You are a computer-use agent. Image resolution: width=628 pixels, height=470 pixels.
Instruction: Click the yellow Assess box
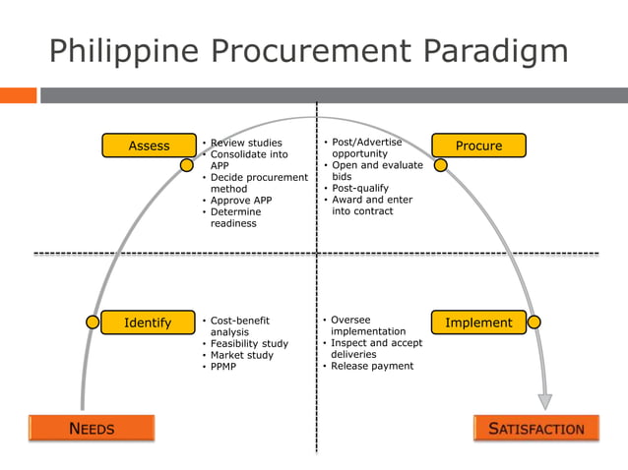click(149, 146)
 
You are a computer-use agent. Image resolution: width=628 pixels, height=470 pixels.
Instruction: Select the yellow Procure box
click(478, 146)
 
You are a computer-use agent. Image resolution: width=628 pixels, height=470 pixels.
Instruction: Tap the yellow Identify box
click(147, 323)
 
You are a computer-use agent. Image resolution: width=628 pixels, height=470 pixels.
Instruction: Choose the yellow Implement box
click(478, 323)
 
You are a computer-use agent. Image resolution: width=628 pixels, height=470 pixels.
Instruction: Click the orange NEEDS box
click(92, 428)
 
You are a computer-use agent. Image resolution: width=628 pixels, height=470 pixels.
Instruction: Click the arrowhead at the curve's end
click(544, 401)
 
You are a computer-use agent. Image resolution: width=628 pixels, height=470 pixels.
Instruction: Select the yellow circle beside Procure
click(441, 165)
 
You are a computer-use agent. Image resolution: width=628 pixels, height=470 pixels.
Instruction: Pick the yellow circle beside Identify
click(93, 322)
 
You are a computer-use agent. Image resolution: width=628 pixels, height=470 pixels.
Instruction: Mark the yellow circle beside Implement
click(534, 322)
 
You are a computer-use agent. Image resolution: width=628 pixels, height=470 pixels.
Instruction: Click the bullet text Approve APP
click(241, 201)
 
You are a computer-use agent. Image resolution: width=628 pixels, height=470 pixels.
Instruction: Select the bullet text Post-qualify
click(359, 188)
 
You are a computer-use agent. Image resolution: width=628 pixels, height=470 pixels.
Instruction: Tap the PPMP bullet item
click(224, 367)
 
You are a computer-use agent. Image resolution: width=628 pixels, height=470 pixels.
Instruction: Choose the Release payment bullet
click(372, 366)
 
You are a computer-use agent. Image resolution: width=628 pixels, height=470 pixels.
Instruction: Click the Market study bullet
click(242, 355)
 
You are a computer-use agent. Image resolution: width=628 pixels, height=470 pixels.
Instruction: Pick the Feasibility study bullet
click(249, 343)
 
